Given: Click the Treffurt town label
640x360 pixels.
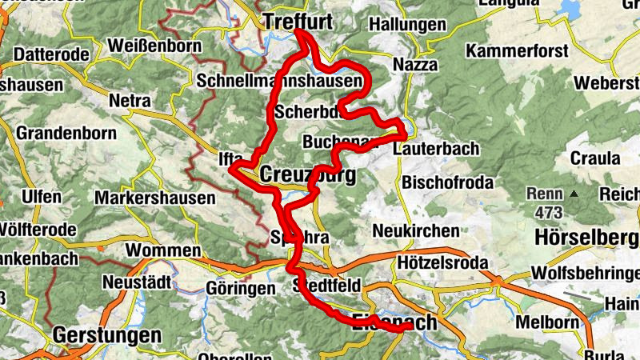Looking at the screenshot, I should [x=298, y=22].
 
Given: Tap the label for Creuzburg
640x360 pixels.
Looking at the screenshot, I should [x=308, y=174].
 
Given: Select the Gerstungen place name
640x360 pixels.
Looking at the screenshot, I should [x=107, y=334].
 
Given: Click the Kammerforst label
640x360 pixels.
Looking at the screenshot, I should [x=517, y=51].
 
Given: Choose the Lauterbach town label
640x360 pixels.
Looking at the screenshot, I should [x=437, y=149].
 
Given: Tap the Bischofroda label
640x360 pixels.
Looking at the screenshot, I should [x=448, y=182].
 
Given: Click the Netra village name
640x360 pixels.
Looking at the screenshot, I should [x=130, y=102].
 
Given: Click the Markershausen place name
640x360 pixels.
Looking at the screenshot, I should [x=155, y=197].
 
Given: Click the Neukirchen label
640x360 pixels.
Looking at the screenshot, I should [x=416, y=231].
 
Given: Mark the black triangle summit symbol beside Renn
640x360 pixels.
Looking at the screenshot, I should [x=574, y=194].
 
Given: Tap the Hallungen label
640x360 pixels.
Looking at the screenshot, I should [x=407, y=25].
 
